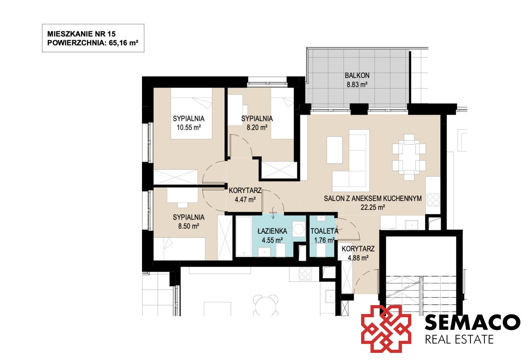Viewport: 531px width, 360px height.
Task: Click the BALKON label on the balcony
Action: point(357,75)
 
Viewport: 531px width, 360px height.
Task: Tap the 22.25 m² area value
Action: point(373,207)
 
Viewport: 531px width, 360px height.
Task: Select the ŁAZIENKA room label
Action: point(272,231)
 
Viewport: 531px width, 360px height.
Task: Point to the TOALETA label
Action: point(324,231)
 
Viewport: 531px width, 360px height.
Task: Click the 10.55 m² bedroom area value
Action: point(189,128)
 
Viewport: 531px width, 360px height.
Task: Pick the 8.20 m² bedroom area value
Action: point(257,128)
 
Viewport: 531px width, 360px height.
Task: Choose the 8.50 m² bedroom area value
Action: point(189,226)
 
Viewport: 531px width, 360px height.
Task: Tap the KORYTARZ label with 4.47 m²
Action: point(245,190)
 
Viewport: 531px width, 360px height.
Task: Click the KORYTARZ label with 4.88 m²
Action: point(358,248)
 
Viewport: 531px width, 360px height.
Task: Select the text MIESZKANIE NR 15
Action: point(81,34)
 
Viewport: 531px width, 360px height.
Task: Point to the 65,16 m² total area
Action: point(123,43)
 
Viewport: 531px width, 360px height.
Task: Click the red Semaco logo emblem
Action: point(386,329)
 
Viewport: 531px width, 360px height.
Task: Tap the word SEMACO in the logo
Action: point(472,322)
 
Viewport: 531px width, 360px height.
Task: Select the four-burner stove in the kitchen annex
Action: point(433,200)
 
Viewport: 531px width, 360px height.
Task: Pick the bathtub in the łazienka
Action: point(244,236)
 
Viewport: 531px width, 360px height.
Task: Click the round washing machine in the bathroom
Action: point(298,229)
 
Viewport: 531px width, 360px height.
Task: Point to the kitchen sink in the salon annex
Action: point(411,225)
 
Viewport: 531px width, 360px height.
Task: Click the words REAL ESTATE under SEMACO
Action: point(459,340)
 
